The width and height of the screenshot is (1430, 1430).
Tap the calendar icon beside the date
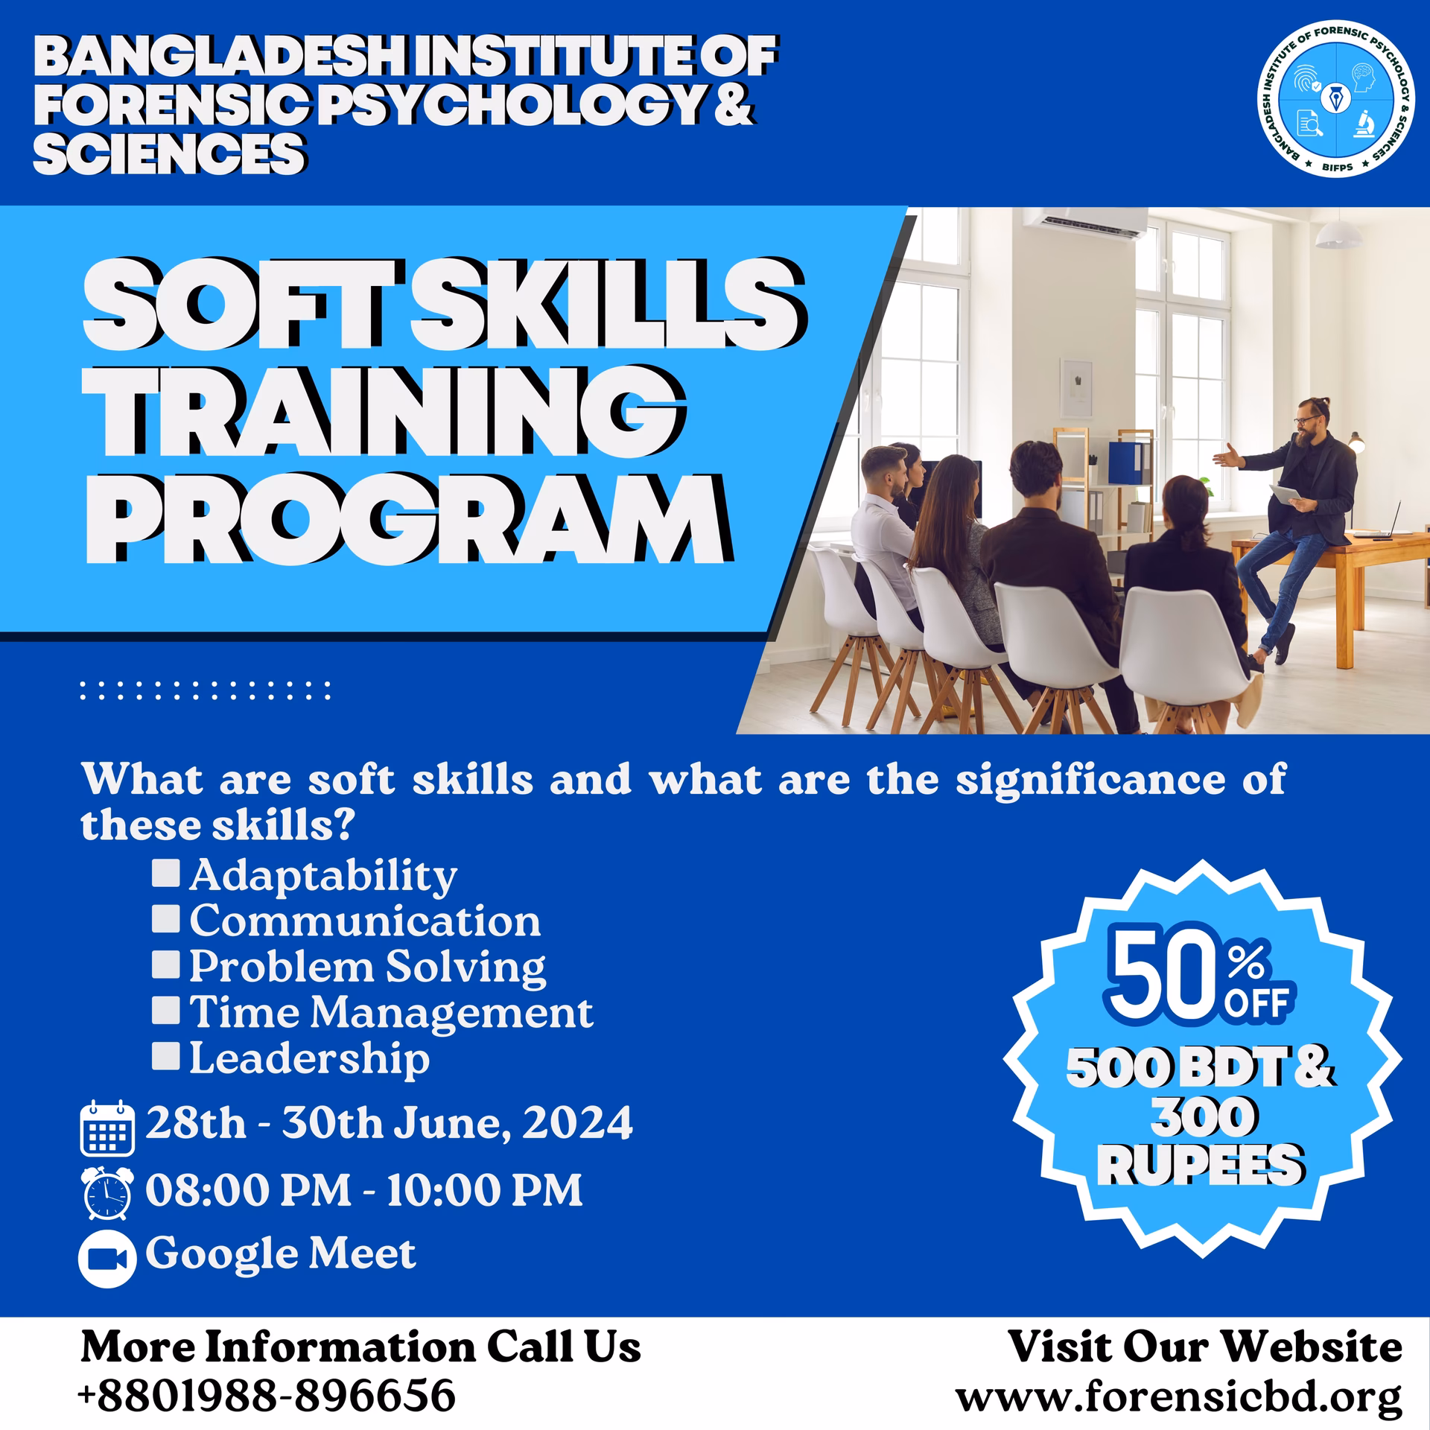click(107, 1129)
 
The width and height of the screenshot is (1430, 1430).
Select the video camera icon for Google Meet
click(107, 1258)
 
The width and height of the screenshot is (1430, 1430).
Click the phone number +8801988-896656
click(267, 1395)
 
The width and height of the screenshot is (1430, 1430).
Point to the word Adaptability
click(322, 876)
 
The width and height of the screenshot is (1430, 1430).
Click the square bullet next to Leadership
click(165, 1055)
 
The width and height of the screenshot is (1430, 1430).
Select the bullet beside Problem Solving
click(165, 965)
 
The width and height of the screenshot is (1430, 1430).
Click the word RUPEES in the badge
click(1201, 1165)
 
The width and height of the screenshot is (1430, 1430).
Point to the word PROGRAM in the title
click(406, 518)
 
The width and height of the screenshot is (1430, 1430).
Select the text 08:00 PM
click(247, 1190)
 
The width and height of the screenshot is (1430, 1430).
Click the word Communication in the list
click(365, 921)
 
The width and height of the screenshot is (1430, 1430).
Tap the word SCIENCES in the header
click(169, 153)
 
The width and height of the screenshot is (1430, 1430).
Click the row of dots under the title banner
click(205, 690)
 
